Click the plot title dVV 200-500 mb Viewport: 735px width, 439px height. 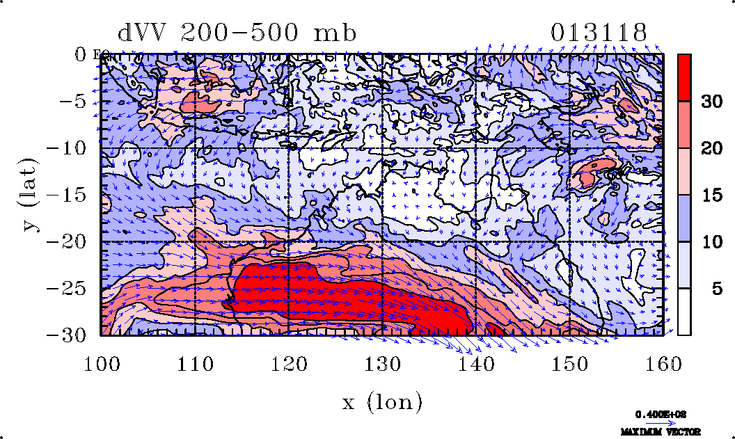click(237, 33)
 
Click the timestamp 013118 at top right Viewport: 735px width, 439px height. click(599, 33)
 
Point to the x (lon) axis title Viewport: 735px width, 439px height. click(382, 401)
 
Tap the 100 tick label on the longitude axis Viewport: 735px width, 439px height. click(101, 362)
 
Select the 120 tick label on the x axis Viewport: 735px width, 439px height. click(288, 362)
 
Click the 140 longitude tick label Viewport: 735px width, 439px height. click(475, 362)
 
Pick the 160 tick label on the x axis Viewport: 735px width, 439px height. click(662, 362)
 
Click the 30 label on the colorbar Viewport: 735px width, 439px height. click(710, 102)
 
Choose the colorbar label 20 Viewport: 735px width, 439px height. click(710, 148)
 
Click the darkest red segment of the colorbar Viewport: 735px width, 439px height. click(684, 78)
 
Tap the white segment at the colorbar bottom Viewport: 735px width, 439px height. click(684, 312)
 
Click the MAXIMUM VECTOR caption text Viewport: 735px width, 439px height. click(661, 432)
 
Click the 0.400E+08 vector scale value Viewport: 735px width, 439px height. click(661, 414)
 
